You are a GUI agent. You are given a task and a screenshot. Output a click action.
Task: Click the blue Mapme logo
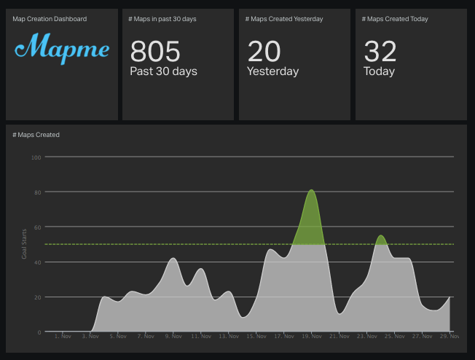point(62,49)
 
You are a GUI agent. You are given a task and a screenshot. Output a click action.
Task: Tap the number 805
point(155,51)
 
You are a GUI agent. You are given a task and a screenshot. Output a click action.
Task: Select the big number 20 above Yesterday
point(264,51)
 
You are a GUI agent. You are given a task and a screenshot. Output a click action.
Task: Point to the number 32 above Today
point(380,51)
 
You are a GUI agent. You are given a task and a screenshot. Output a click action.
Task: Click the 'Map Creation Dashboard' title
point(50,19)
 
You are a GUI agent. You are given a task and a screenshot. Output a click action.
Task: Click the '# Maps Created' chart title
point(36,135)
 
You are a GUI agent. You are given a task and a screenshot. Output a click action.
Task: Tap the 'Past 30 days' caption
point(164,71)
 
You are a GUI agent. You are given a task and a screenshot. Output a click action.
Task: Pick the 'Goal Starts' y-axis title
point(24,244)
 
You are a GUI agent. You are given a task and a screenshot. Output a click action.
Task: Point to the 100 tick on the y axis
point(36,157)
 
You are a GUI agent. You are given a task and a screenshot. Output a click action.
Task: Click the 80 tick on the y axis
point(38,192)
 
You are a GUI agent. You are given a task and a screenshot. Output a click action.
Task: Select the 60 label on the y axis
point(38,227)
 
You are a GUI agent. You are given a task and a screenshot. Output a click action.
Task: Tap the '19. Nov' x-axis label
point(312,336)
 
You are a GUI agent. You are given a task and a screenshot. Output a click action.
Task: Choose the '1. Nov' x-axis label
point(63,336)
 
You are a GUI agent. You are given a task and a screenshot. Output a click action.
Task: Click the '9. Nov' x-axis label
point(173,336)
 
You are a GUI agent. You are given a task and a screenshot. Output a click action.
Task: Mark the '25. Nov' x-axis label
point(395,336)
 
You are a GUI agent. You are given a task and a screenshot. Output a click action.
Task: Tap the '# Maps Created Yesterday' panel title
point(284,19)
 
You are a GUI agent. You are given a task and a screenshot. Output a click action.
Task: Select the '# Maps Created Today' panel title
point(395,19)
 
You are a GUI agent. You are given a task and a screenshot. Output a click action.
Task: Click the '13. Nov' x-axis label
point(229,336)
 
